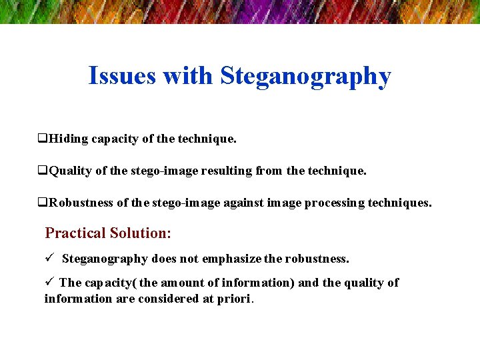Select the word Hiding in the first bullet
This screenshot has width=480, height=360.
tap(68, 139)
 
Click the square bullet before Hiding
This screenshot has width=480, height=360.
tap(42, 139)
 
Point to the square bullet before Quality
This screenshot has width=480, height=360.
tap(42, 171)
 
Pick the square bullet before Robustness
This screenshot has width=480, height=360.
tap(42, 203)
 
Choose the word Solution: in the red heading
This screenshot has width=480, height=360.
tap(141, 233)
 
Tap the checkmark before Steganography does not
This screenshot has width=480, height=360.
tap(49, 258)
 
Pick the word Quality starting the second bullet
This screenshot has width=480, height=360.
tap(71, 171)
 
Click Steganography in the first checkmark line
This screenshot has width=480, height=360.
tap(105, 259)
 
